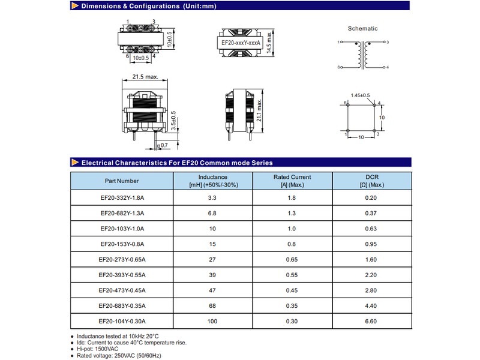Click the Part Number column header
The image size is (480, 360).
coord(122,181)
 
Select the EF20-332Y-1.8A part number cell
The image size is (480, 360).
coord(122,197)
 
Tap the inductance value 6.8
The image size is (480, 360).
coord(212,213)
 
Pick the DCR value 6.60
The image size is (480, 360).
coord(371,322)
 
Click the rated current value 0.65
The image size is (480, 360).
coord(292,260)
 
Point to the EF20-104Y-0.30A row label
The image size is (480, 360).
coord(122,322)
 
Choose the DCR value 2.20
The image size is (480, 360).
coord(371,275)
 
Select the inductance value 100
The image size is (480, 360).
coord(212,322)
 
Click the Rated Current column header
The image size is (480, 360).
coord(292,181)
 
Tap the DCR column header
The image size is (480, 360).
coord(371,181)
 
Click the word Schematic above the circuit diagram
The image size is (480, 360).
coord(362,28)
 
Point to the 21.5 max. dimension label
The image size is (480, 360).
coord(145,77)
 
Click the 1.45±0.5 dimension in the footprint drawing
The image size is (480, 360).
coord(361,95)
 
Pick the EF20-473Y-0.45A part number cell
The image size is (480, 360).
coord(122,291)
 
